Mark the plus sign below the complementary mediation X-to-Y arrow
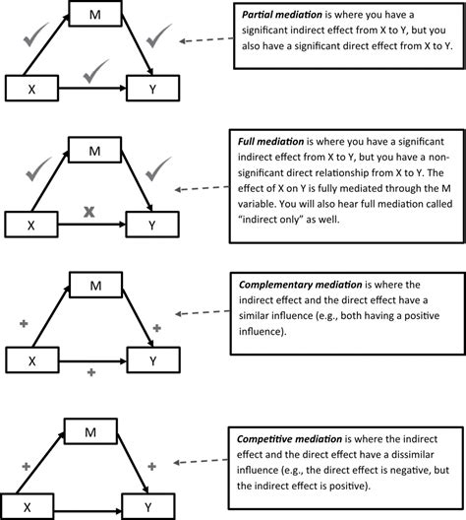click(x=90, y=371)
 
